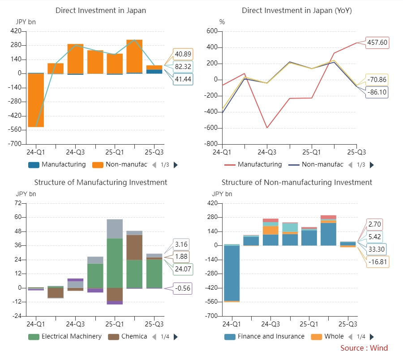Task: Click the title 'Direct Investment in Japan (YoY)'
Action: tap(296, 10)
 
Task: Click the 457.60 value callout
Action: tap(377, 43)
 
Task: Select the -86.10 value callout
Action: tap(377, 92)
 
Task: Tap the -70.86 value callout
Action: tap(377, 80)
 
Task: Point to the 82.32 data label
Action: tap(183, 67)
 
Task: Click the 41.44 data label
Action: tap(183, 79)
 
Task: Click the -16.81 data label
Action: tap(377, 262)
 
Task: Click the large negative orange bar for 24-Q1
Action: tap(36, 100)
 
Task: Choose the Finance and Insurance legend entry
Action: tap(265, 337)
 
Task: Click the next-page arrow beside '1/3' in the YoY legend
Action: tap(372, 165)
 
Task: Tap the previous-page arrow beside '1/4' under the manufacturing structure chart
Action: tap(154, 337)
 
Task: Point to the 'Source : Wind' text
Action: tap(364, 348)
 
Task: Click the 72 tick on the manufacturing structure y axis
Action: tap(18, 203)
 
